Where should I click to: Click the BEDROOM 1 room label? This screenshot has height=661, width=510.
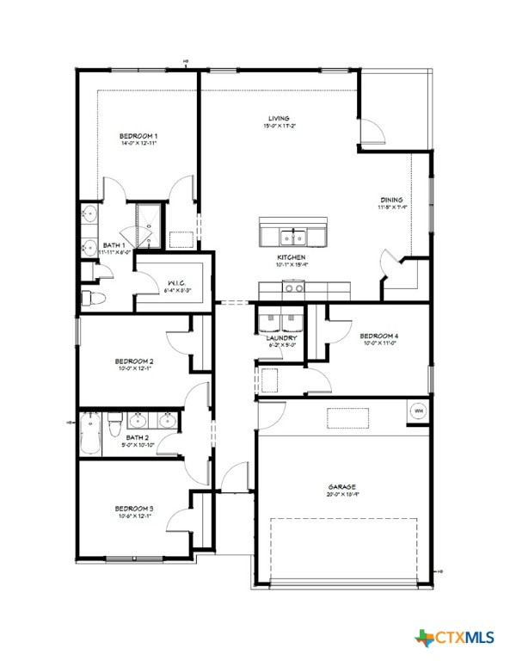[x=138, y=136]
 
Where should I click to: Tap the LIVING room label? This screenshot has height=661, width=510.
[x=278, y=119]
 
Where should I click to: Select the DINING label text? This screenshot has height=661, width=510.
[x=391, y=199]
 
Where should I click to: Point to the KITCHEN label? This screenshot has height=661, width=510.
[x=291, y=257]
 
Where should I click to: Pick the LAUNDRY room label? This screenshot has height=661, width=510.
[x=281, y=338]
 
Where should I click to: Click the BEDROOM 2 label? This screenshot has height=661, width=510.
[x=134, y=361]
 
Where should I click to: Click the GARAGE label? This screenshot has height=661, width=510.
[x=341, y=486]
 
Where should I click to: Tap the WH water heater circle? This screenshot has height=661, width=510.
[x=419, y=411]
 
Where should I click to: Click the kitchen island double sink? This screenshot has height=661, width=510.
[x=293, y=236]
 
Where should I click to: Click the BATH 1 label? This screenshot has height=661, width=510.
[x=114, y=246]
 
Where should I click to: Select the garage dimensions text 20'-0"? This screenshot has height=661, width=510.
[x=341, y=495]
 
